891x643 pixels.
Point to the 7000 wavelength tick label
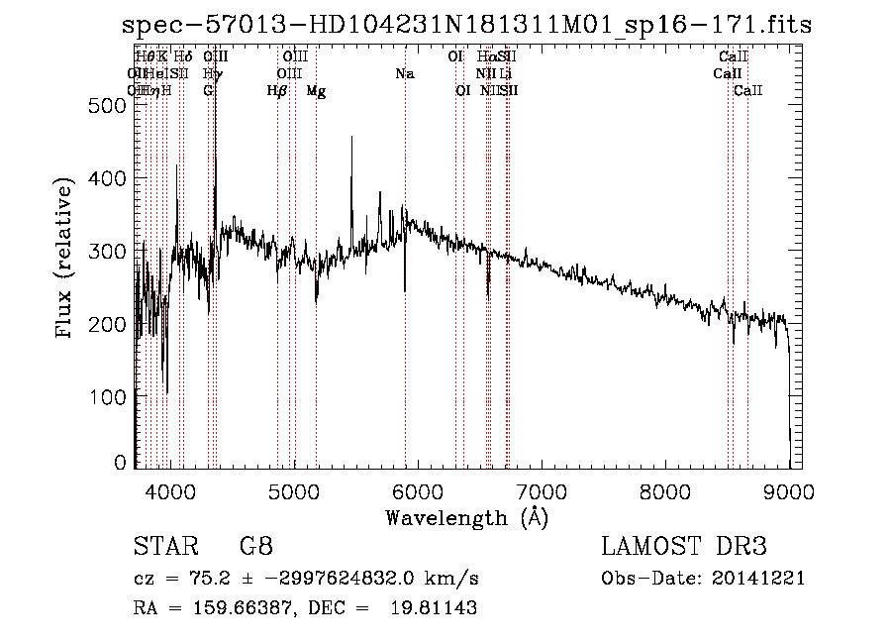(x=541, y=490)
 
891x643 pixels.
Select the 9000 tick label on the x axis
(x=789, y=490)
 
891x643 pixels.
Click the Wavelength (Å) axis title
(x=466, y=517)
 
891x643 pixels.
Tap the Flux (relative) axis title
(x=66, y=260)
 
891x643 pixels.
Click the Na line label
(x=404, y=74)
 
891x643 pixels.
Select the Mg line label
(x=316, y=91)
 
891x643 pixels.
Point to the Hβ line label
(x=277, y=91)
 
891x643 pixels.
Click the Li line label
(x=505, y=74)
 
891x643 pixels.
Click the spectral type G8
(x=255, y=547)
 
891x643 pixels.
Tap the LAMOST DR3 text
(x=684, y=547)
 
